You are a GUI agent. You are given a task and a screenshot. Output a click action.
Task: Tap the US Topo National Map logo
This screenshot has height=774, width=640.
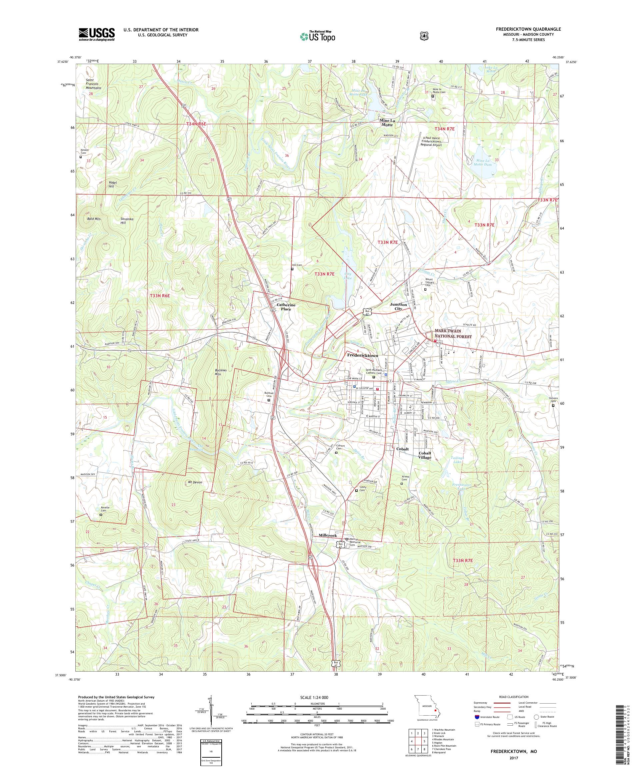pos(318,36)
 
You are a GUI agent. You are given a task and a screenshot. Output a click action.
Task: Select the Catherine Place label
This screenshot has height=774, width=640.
pos(286,307)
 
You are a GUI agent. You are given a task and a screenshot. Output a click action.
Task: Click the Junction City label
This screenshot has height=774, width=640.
pos(398,307)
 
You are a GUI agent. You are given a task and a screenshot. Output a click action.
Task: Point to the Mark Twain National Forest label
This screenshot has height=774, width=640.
pos(453,334)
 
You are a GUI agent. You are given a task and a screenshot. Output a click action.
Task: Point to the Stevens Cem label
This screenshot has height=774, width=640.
pos(553,400)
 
